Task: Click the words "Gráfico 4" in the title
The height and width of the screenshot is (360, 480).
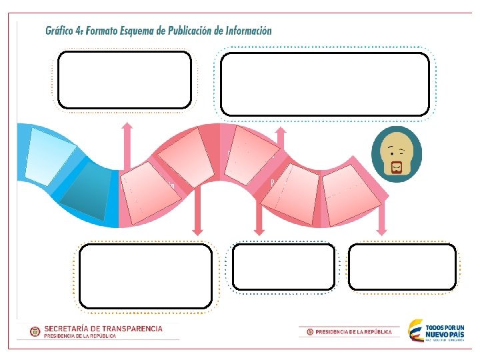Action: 63,31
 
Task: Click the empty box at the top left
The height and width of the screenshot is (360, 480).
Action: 125,80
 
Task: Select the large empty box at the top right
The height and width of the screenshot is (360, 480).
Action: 325,84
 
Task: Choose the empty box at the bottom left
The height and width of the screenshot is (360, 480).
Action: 145,274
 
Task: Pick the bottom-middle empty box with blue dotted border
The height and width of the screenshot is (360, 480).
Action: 283,267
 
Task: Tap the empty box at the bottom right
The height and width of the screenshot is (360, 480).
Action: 403,267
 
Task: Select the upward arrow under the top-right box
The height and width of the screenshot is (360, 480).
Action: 281,143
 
